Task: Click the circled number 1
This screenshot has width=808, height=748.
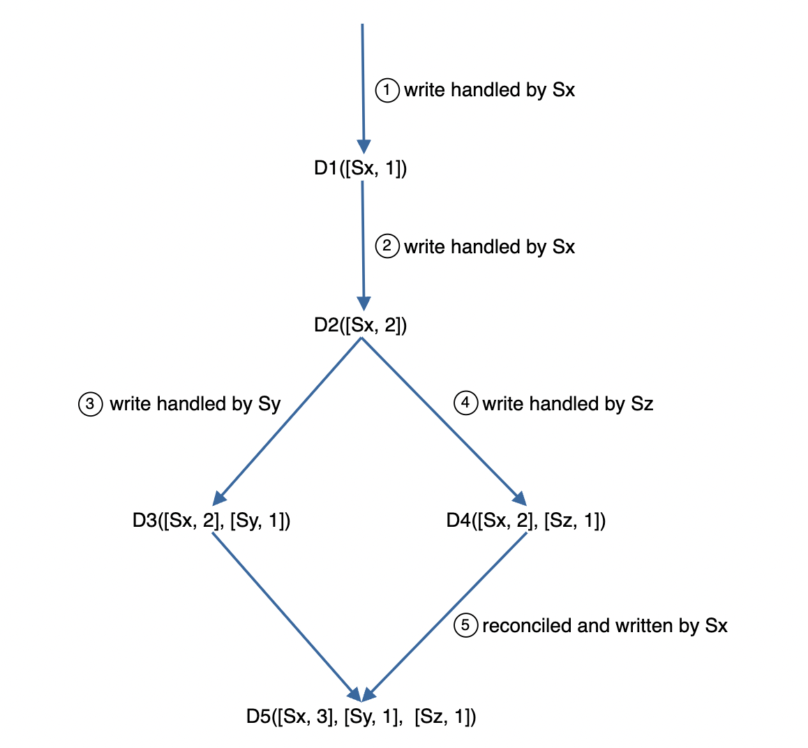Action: coord(387,90)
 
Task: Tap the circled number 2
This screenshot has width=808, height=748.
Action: coord(387,246)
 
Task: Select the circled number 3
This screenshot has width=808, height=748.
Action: coord(90,404)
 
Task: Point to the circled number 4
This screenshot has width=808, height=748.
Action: coord(465,403)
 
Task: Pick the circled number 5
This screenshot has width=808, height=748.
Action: coord(465,625)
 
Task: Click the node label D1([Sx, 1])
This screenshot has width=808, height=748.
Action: coord(360,168)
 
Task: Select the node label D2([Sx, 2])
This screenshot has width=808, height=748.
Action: coord(360,325)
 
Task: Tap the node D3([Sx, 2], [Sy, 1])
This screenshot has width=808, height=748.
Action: coord(211,521)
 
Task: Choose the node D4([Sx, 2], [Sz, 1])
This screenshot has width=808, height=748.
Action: coord(525,521)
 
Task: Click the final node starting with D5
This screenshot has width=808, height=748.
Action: coord(361,717)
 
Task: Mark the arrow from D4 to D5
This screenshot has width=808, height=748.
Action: coord(447,614)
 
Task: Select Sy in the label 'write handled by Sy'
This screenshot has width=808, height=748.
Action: coord(269,405)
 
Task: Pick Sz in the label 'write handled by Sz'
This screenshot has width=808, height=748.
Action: coord(642,404)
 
